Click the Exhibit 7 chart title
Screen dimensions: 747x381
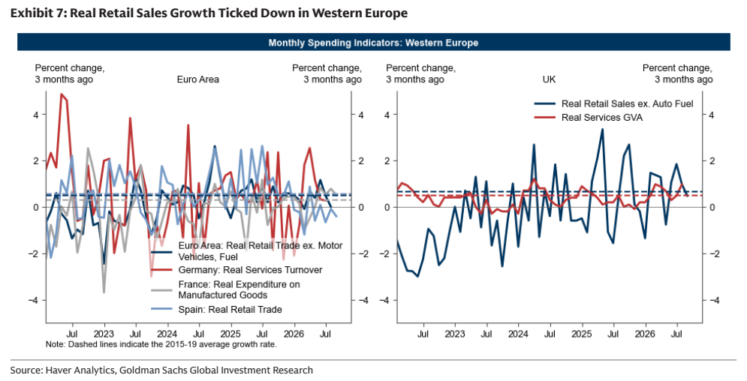[x=209, y=13]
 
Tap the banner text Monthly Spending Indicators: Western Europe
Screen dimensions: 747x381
[x=373, y=43]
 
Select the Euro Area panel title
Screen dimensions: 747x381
[x=197, y=79]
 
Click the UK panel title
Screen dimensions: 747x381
[x=549, y=79]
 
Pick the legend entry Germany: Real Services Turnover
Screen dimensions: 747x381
[x=250, y=270]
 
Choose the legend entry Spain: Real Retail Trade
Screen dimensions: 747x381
[x=230, y=310]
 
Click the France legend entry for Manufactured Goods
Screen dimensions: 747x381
[x=239, y=289]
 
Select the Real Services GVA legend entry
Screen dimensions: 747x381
[x=601, y=118]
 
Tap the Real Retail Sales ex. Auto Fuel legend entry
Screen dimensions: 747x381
[x=627, y=103]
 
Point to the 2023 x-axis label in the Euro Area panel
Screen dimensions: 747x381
[x=104, y=334]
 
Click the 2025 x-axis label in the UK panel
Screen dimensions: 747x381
[x=582, y=334]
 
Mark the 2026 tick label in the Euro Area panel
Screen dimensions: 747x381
[x=294, y=334]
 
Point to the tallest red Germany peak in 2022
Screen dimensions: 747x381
[x=62, y=94]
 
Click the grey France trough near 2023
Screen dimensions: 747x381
[x=104, y=292]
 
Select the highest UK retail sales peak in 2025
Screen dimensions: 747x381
[x=602, y=130]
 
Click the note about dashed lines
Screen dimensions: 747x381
[x=161, y=344]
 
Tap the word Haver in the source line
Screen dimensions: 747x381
[x=58, y=370]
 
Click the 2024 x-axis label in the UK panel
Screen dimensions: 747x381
[x=518, y=334]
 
